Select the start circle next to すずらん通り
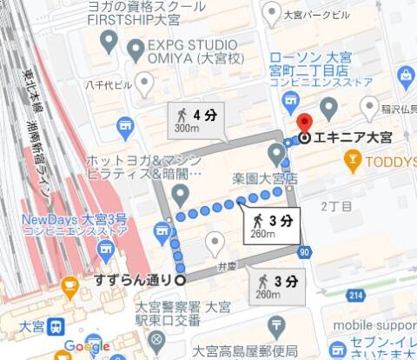[180, 280]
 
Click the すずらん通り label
[133, 280]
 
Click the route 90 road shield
[303, 252]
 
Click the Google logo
[87, 348]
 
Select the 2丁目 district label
[336, 207]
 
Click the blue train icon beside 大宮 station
[56, 327]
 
